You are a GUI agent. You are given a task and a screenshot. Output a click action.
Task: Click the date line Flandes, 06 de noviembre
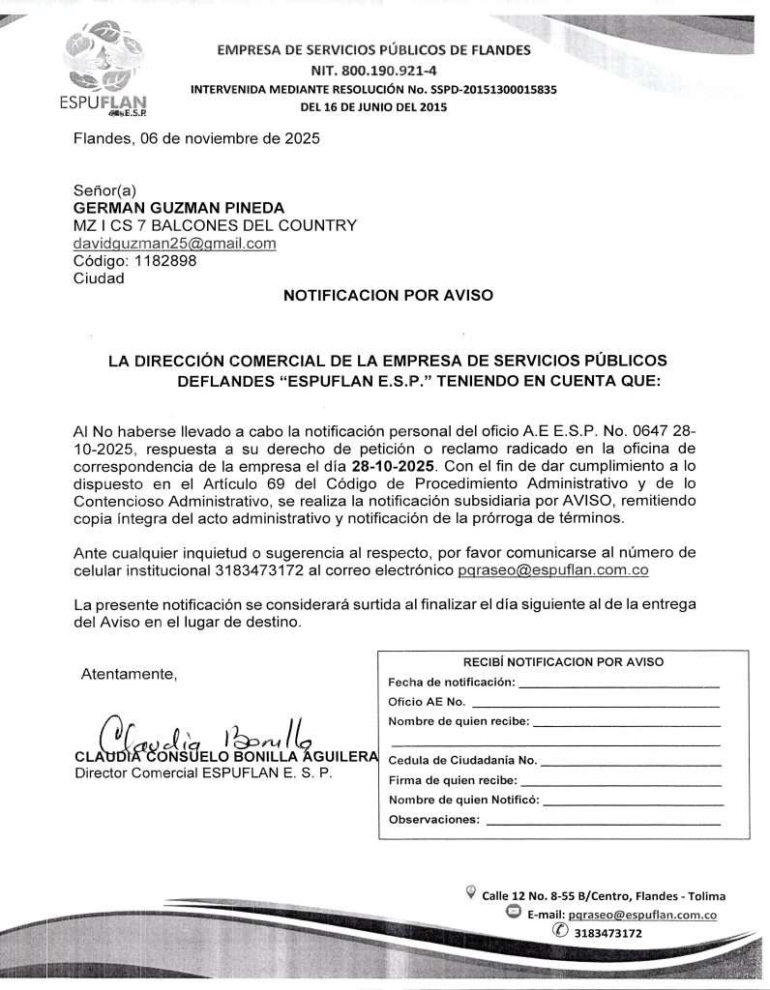[x=196, y=138]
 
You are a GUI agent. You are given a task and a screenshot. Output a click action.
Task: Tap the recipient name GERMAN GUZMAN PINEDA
[x=179, y=208]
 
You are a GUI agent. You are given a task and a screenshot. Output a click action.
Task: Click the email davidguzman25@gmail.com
[x=175, y=244]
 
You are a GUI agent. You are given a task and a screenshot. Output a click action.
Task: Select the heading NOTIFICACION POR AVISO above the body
[x=388, y=295]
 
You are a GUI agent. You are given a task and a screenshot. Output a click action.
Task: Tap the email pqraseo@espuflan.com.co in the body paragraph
[x=552, y=570]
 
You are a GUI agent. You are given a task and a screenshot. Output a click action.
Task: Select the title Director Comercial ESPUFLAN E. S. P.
[x=203, y=773]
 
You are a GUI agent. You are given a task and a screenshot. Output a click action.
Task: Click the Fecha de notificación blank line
[x=619, y=683]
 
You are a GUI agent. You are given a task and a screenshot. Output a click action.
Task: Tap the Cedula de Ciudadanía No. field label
[x=462, y=760]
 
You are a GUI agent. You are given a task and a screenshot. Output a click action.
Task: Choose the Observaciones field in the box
[x=433, y=820]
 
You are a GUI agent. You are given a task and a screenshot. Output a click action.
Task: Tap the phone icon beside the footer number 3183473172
[x=559, y=932]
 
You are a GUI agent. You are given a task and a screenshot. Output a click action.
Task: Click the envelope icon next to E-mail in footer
[x=513, y=913]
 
